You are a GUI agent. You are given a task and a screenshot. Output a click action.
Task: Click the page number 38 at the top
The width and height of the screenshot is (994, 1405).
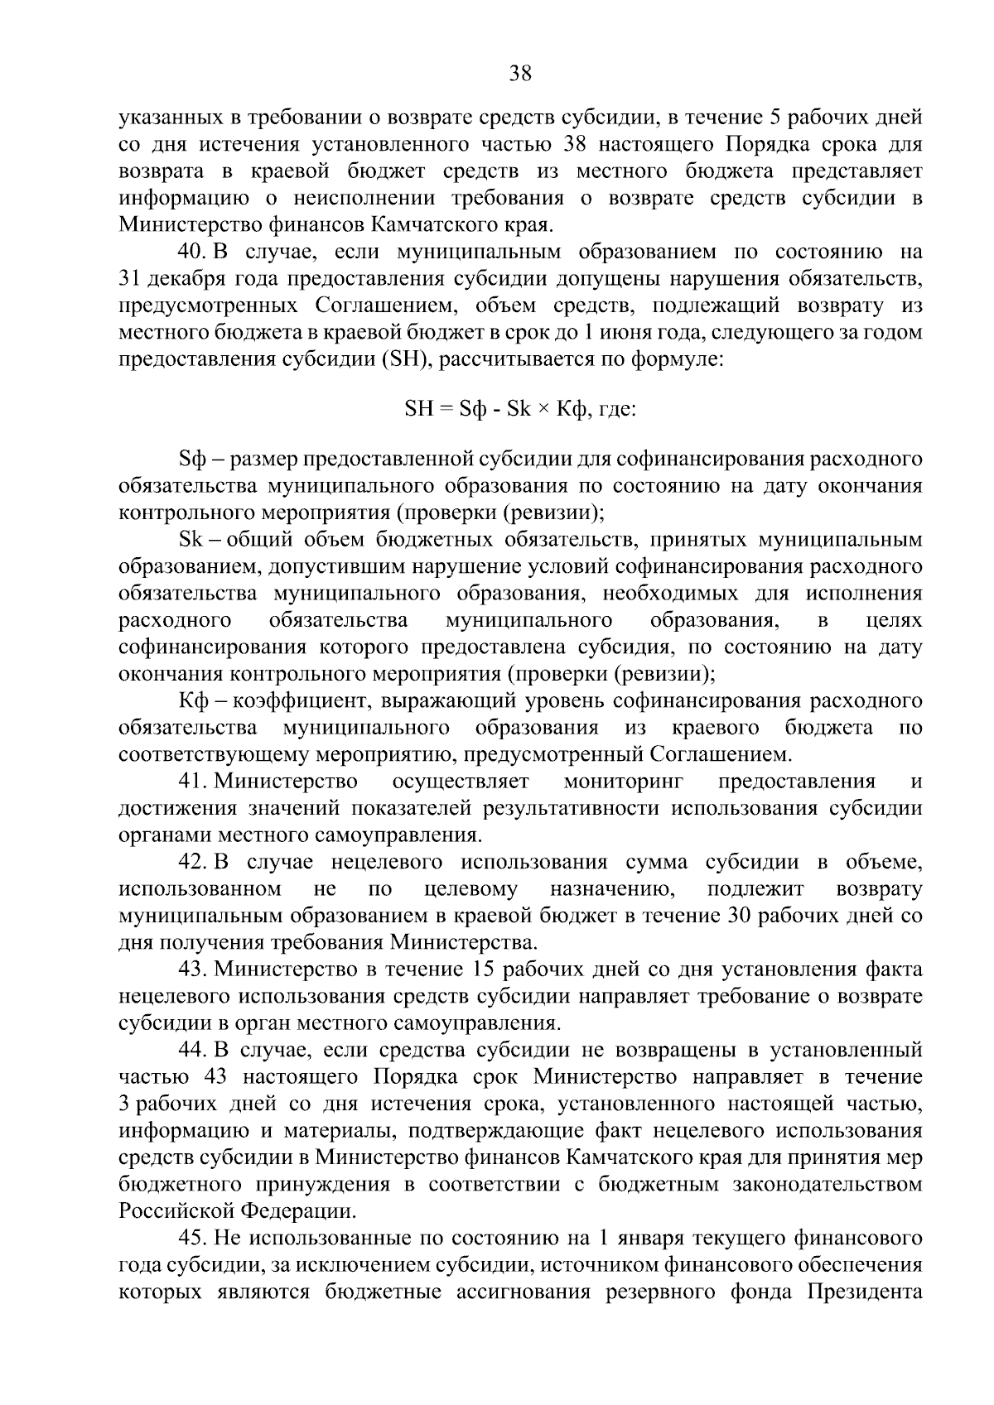(x=520, y=75)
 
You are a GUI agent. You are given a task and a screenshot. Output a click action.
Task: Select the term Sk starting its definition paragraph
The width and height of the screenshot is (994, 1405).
(x=190, y=540)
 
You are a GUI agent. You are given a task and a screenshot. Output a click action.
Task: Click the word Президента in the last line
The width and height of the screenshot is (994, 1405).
(x=865, y=1292)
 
